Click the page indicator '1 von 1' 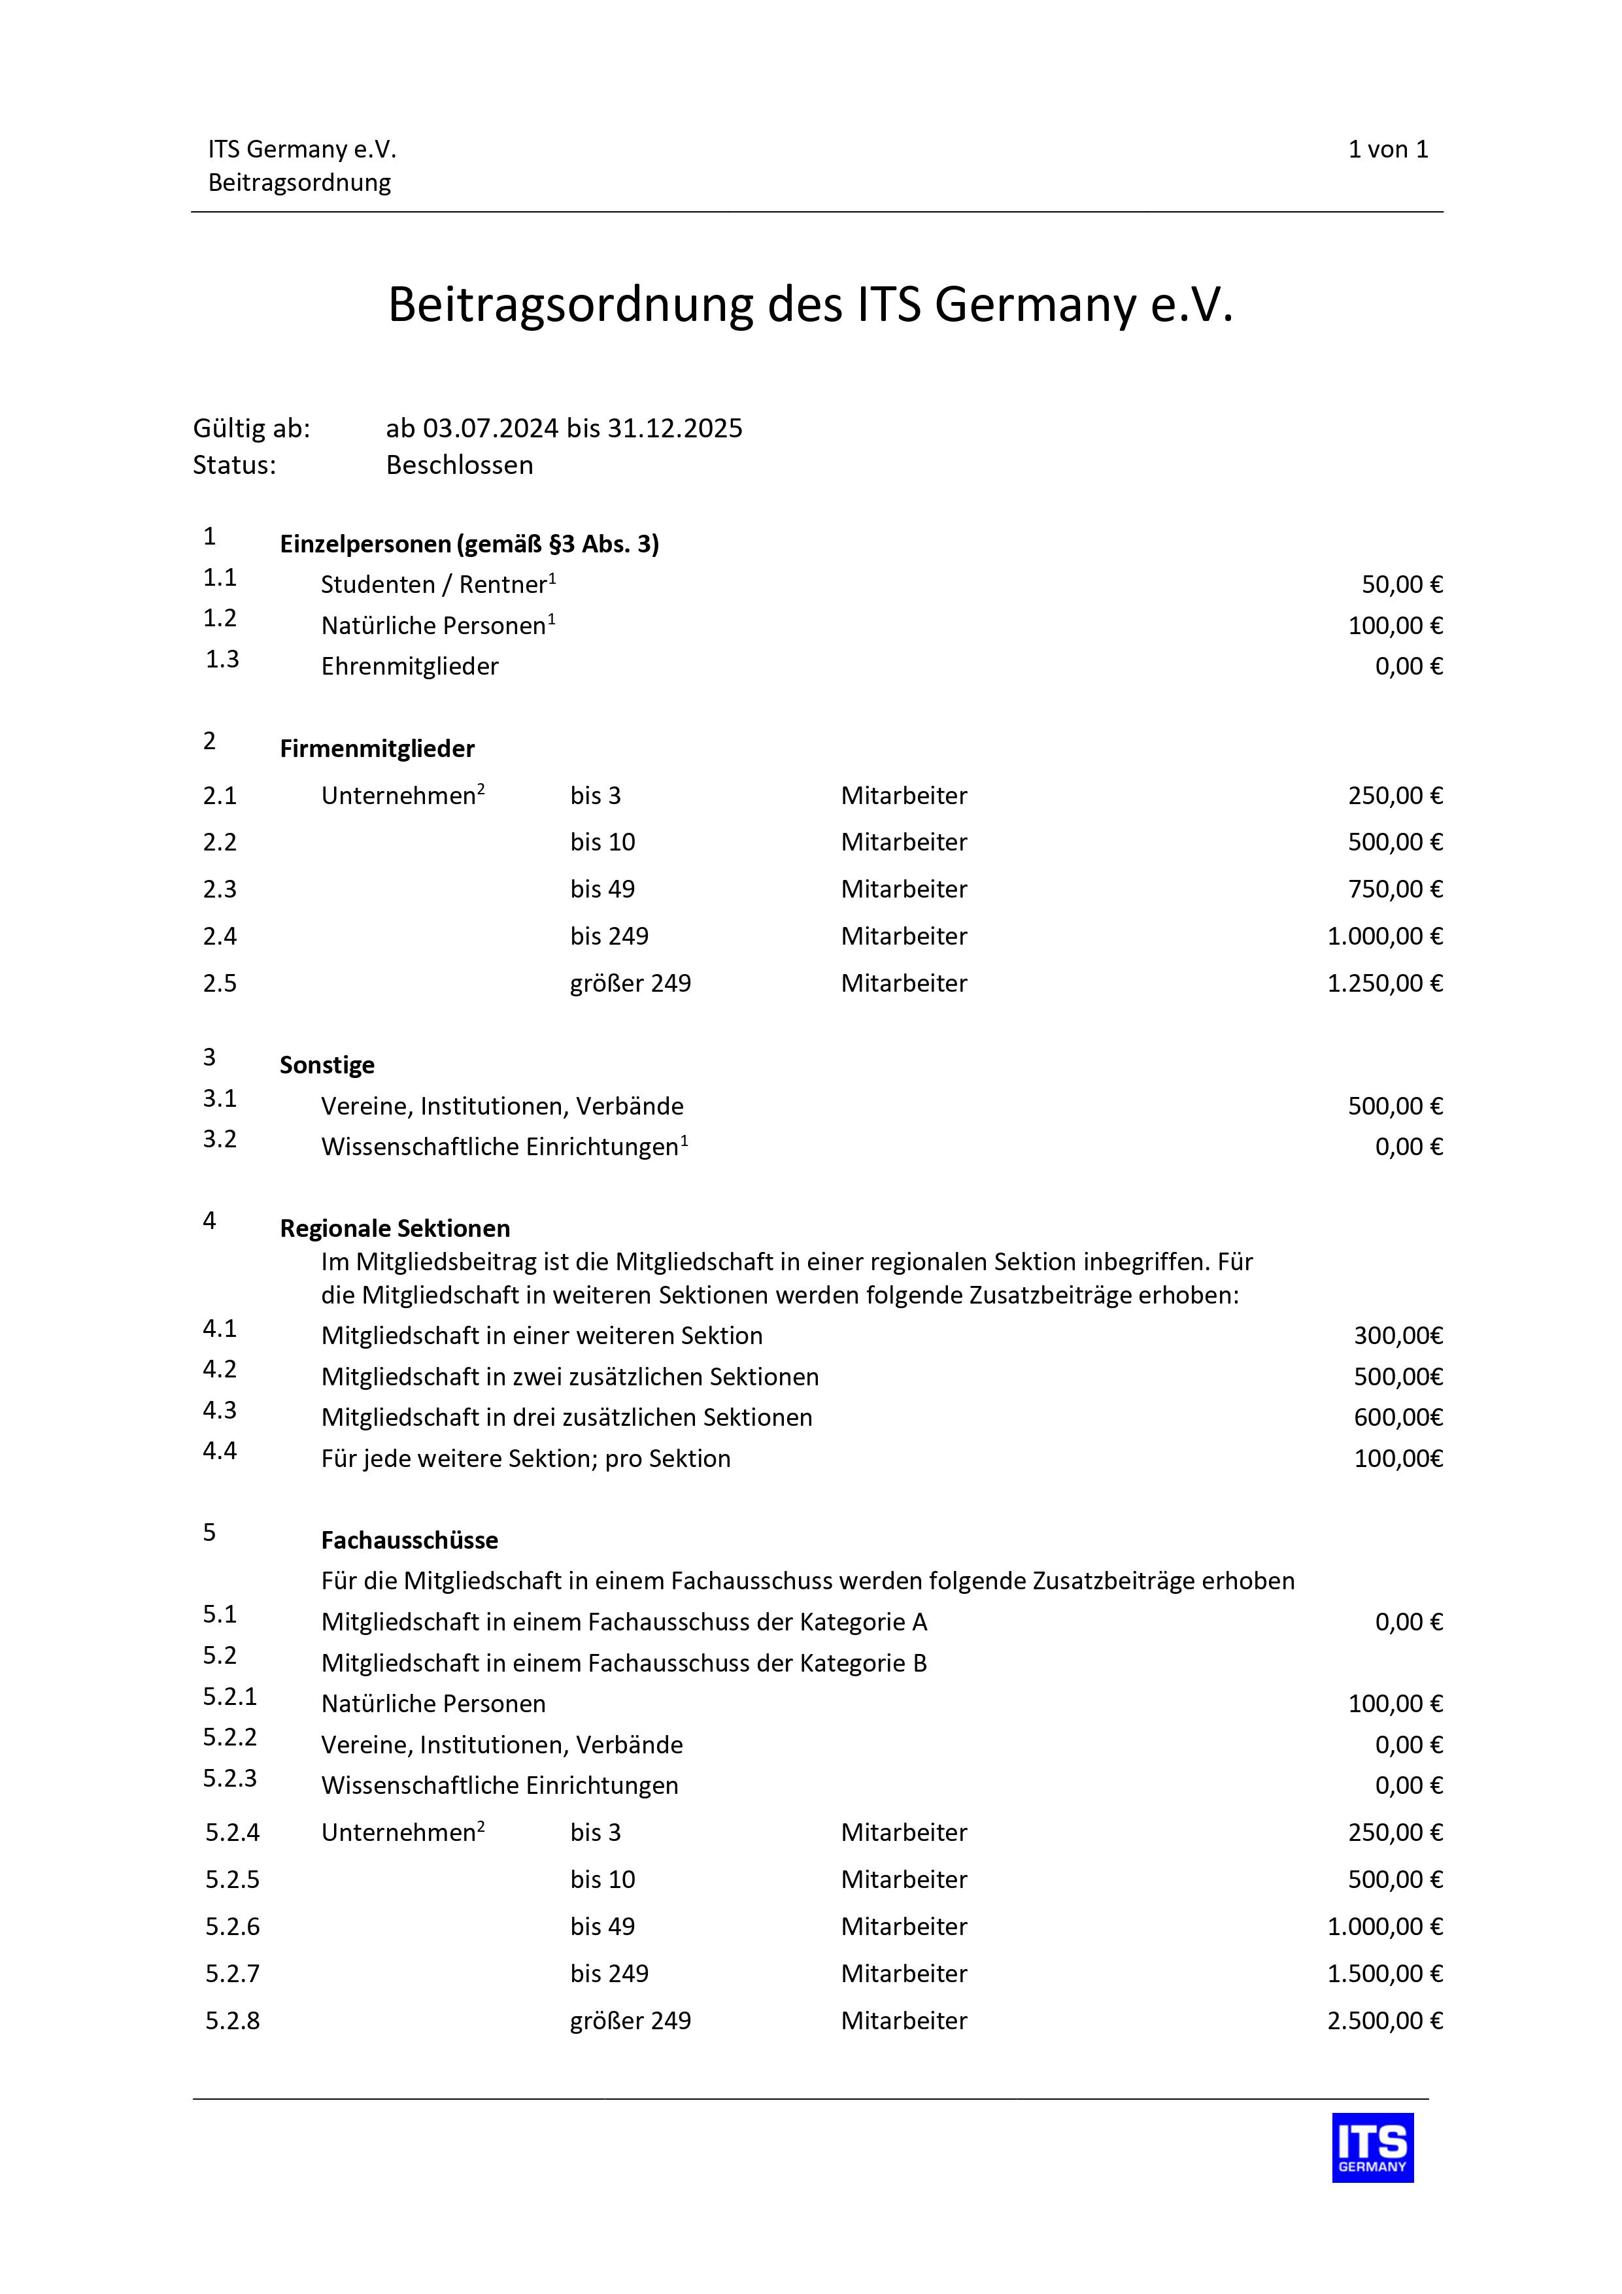[1387, 150]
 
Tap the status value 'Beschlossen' [460, 465]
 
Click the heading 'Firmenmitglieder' [377, 749]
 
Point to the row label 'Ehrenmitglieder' [410, 666]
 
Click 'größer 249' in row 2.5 [631, 984]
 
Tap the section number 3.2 [220, 1140]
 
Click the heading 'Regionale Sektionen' [395, 1229]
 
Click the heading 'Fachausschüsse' [410, 1541]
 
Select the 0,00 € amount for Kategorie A [1408, 1623]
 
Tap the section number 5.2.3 [230, 1780]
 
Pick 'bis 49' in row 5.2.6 [603, 1927]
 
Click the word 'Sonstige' [327, 1066]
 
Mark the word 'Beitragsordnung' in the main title [569, 305]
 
